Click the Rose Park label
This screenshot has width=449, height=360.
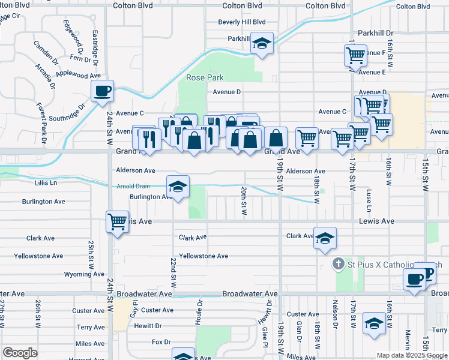click(x=205, y=78)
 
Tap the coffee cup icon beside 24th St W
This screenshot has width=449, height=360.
click(x=102, y=91)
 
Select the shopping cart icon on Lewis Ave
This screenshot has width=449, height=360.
click(x=117, y=221)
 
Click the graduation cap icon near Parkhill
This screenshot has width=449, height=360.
click(x=262, y=43)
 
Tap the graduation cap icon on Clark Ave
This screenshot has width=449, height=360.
click(x=325, y=238)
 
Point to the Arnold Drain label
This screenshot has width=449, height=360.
click(x=133, y=186)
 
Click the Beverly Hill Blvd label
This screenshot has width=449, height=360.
click(x=242, y=22)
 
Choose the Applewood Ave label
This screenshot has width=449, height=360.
click(x=78, y=76)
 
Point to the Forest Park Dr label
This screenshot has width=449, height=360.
click(x=41, y=124)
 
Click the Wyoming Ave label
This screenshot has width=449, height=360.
click(x=84, y=274)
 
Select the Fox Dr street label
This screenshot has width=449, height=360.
click(x=161, y=342)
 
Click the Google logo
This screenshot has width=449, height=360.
click(x=20, y=353)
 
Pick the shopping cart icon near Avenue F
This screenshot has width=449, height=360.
click(x=355, y=56)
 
